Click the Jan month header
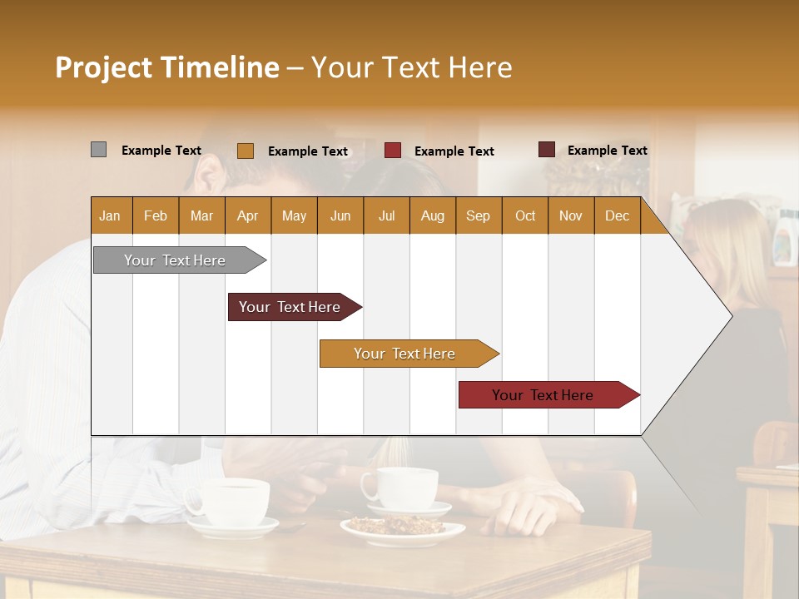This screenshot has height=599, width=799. [x=111, y=215]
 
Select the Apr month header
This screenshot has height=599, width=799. [x=248, y=215]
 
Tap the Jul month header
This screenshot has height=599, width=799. [x=386, y=215]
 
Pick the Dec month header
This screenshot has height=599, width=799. [x=617, y=215]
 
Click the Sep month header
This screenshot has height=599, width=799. [x=478, y=215]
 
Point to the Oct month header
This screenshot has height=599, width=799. [x=525, y=215]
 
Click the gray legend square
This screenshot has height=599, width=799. [x=98, y=150]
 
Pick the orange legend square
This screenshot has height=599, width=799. [x=245, y=151]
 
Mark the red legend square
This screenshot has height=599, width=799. [x=392, y=151]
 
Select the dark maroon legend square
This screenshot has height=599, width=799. [x=546, y=150]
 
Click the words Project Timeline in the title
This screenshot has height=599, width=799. [x=166, y=67]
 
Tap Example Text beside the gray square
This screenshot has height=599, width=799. [x=161, y=151]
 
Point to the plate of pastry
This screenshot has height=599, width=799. [x=402, y=529]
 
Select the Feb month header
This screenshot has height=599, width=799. [x=156, y=215]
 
